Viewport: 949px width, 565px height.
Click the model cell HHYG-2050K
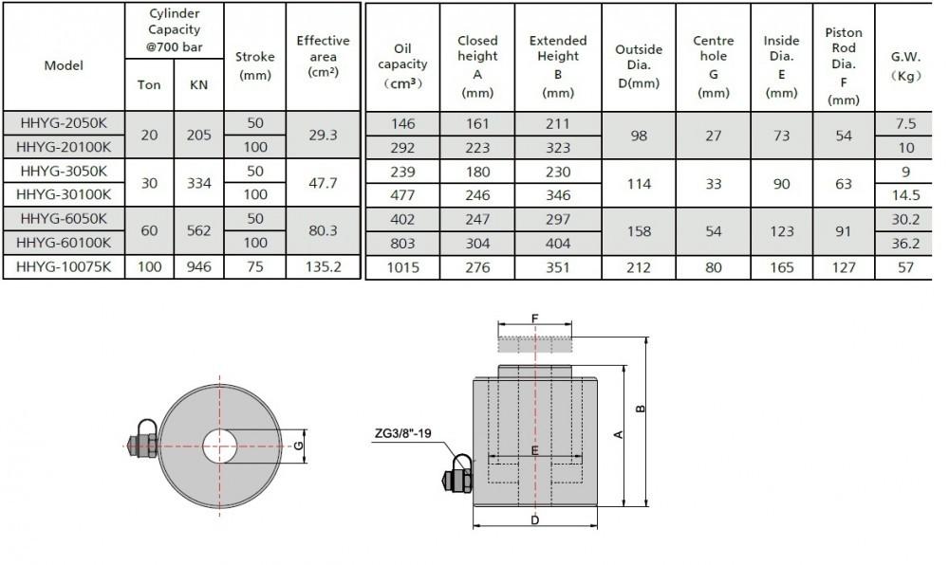tap(64, 123)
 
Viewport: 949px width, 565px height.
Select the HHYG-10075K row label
tap(64, 267)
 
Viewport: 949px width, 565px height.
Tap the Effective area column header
tap(324, 56)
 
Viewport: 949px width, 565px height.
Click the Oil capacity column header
tap(402, 65)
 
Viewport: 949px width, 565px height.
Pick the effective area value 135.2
tap(324, 267)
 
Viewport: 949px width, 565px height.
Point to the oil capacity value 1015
tap(403, 267)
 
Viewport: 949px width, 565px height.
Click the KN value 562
tap(199, 230)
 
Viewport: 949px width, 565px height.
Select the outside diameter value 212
tap(639, 267)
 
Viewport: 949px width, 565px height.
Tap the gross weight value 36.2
tap(905, 244)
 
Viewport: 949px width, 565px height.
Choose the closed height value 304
tap(477, 244)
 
